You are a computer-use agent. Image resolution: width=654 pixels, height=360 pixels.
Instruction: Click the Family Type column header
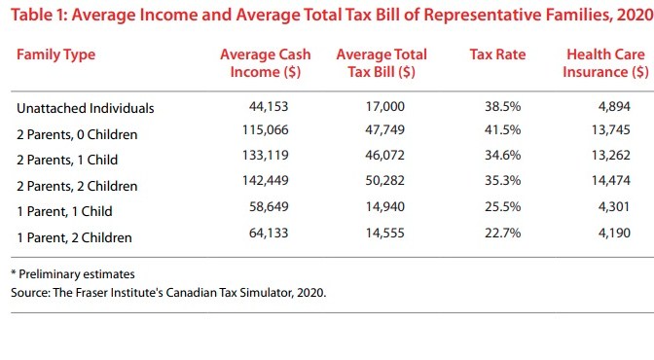[56, 54]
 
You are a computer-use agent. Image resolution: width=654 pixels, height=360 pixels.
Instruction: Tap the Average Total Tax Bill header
[381, 62]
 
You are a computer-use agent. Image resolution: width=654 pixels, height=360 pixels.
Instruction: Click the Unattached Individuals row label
[86, 109]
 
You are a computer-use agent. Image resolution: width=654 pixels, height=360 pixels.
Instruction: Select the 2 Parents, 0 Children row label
[78, 134]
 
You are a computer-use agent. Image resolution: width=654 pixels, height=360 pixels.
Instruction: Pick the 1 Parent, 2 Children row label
[74, 236]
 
